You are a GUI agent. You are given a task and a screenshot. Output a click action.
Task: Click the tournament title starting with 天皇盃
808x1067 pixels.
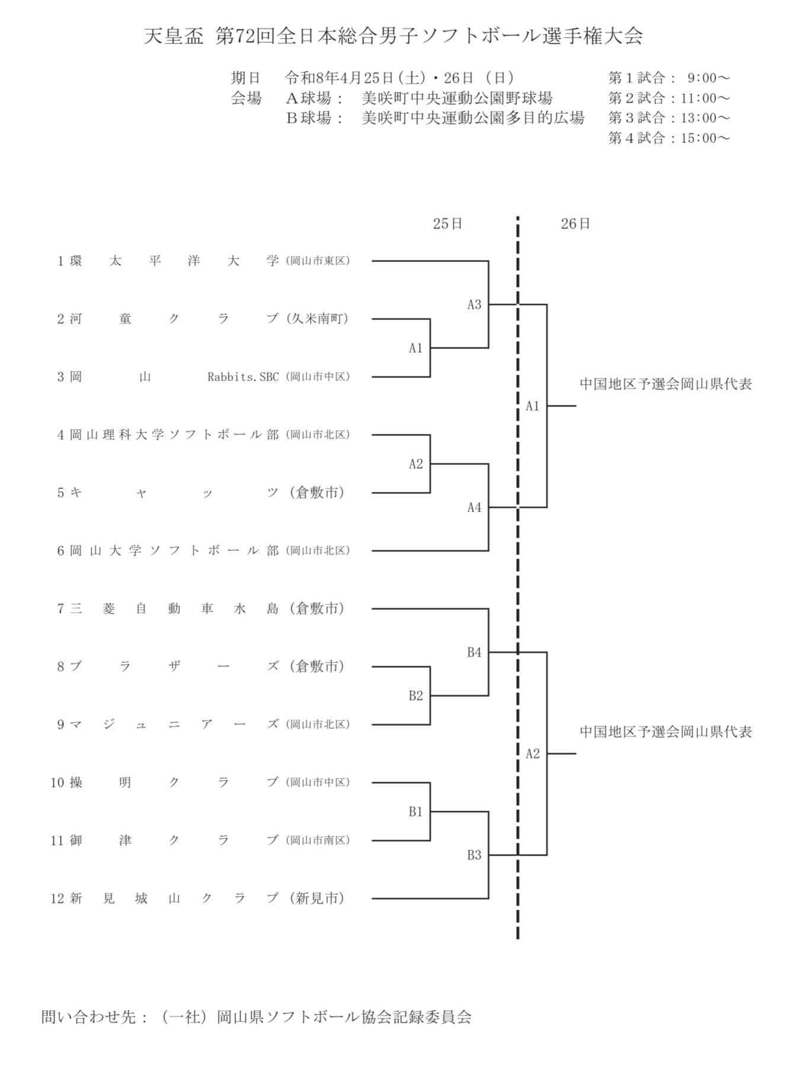click(x=393, y=37)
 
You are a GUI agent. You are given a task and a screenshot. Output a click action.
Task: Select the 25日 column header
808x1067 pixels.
click(x=447, y=224)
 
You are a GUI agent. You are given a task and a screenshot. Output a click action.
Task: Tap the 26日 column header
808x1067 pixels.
click(x=575, y=224)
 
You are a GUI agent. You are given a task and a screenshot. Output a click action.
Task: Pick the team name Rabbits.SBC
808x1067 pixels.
click(x=243, y=377)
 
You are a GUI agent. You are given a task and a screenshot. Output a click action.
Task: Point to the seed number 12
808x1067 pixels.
click(x=57, y=899)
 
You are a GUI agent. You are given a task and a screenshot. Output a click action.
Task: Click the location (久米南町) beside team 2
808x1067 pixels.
click(x=317, y=319)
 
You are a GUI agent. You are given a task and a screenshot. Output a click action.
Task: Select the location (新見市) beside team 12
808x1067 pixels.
click(x=317, y=899)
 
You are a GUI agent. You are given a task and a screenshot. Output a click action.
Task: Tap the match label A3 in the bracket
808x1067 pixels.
click(x=474, y=305)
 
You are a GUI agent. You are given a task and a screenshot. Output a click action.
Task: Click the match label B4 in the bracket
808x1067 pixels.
click(x=474, y=653)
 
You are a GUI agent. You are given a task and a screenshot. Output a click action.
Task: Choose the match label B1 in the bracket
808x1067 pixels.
click(x=416, y=812)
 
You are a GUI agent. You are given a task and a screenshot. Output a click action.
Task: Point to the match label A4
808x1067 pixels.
click(x=474, y=508)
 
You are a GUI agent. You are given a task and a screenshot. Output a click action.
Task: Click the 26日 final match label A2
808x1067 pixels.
click(x=532, y=754)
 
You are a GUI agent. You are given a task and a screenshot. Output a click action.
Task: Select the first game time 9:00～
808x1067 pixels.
click(x=708, y=78)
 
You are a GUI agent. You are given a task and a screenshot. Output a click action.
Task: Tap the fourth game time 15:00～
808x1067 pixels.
click(x=705, y=138)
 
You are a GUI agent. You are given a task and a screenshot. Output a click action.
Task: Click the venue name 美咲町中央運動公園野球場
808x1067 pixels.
click(x=457, y=98)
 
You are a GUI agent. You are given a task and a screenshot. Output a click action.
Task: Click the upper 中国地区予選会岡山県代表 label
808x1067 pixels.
click(x=665, y=384)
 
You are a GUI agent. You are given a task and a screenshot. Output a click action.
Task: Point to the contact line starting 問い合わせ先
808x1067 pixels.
click(x=256, y=1017)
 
